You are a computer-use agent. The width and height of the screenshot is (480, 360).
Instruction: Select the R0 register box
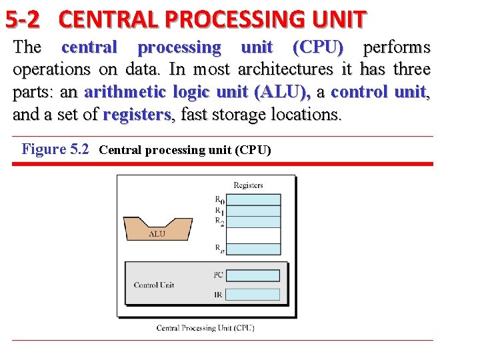[254, 199]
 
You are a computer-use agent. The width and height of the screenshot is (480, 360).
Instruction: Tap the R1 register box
[254, 211]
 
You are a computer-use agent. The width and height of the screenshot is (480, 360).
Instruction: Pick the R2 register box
[254, 222]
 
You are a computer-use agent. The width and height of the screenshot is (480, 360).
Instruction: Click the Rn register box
[254, 249]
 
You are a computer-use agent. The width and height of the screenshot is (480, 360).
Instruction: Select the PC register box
[254, 274]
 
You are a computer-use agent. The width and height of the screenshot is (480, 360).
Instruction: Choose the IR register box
[254, 293]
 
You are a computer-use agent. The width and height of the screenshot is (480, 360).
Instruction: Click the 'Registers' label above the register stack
[248, 185]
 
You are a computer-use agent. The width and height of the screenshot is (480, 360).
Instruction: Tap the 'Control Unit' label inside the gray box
[154, 285]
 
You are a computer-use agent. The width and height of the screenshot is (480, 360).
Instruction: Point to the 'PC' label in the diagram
[219, 274]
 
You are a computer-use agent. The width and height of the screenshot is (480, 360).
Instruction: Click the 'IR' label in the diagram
[219, 293]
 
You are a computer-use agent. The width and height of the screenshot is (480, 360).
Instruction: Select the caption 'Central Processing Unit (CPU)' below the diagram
[205, 327]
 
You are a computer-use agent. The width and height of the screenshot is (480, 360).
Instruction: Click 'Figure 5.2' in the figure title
[55, 149]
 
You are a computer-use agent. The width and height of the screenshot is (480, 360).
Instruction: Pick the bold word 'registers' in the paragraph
[137, 115]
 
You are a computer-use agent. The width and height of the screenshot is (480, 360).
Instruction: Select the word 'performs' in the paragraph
[397, 47]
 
